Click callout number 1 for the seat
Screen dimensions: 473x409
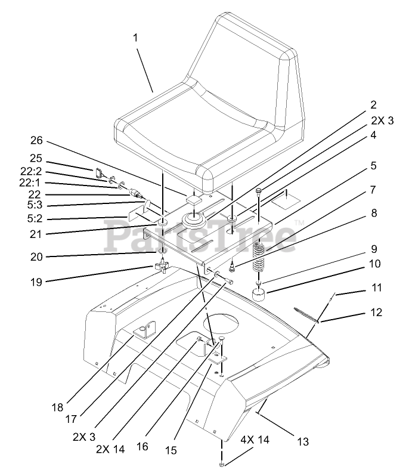click(x=135, y=37)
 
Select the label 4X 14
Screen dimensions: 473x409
click(x=254, y=440)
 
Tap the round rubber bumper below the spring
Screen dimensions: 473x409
click(x=259, y=294)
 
